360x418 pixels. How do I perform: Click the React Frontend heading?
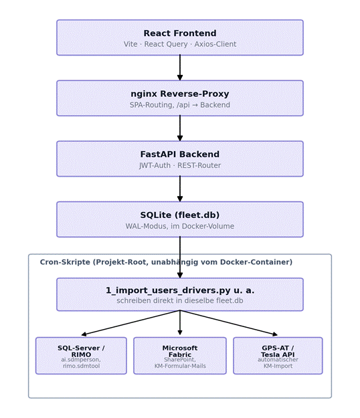[180, 33]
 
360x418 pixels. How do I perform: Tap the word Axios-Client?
[215, 44]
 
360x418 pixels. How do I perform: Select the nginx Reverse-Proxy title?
[180, 94]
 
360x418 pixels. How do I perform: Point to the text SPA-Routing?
[151, 105]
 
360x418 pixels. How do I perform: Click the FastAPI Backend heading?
[180, 154]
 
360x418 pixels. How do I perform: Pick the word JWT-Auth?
[155, 165]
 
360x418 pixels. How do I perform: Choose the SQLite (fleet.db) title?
[180, 215]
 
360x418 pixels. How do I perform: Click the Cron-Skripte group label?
[166, 262]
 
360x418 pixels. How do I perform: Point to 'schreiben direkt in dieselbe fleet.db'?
[180, 300]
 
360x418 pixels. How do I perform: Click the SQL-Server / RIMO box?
[81, 356]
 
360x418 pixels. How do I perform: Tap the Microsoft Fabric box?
[180, 356]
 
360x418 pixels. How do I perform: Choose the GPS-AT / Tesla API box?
[278, 356]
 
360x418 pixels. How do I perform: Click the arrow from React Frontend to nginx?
[180, 68]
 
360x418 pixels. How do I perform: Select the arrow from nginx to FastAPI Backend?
[180, 128]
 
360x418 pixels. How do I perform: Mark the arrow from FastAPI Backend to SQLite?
[180, 189]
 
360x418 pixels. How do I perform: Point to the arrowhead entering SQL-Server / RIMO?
[84, 334]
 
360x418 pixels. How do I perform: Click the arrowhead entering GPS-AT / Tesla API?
[275, 334]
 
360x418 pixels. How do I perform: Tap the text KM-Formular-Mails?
[180, 366]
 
